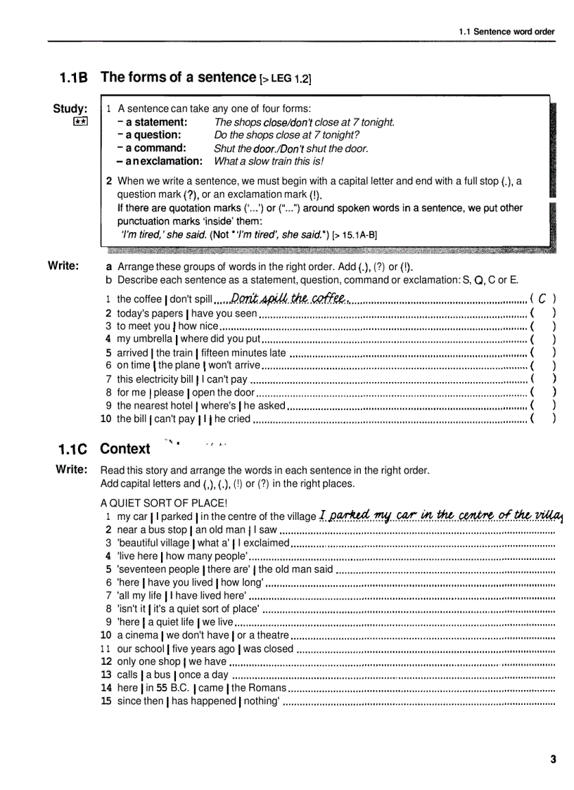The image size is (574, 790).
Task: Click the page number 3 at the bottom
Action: point(553,758)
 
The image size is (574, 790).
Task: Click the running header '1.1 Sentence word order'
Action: point(506,32)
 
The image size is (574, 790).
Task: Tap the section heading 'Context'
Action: point(125,449)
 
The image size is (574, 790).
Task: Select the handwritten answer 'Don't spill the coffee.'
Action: point(290,298)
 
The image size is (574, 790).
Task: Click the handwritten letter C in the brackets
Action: point(543,299)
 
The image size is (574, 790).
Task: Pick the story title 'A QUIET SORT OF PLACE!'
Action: point(164,502)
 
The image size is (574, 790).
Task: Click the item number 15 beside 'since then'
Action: point(106,701)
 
